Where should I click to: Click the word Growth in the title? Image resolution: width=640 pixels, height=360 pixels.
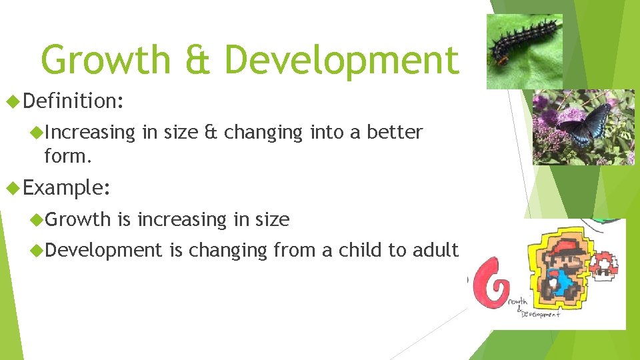click(x=106, y=60)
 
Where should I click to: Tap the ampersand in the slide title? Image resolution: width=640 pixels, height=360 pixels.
click(x=197, y=60)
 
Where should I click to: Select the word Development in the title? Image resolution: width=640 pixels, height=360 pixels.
click(x=341, y=60)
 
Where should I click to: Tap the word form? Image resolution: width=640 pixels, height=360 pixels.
click(x=66, y=156)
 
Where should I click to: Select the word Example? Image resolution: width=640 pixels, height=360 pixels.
click(x=65, y=187)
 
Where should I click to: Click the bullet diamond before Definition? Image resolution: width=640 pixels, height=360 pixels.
click(x=11, y=101)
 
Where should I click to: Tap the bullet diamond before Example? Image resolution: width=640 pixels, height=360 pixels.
click(x=11, y=187)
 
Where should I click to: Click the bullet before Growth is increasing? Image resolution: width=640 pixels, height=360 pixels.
click(x=37, y=219)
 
